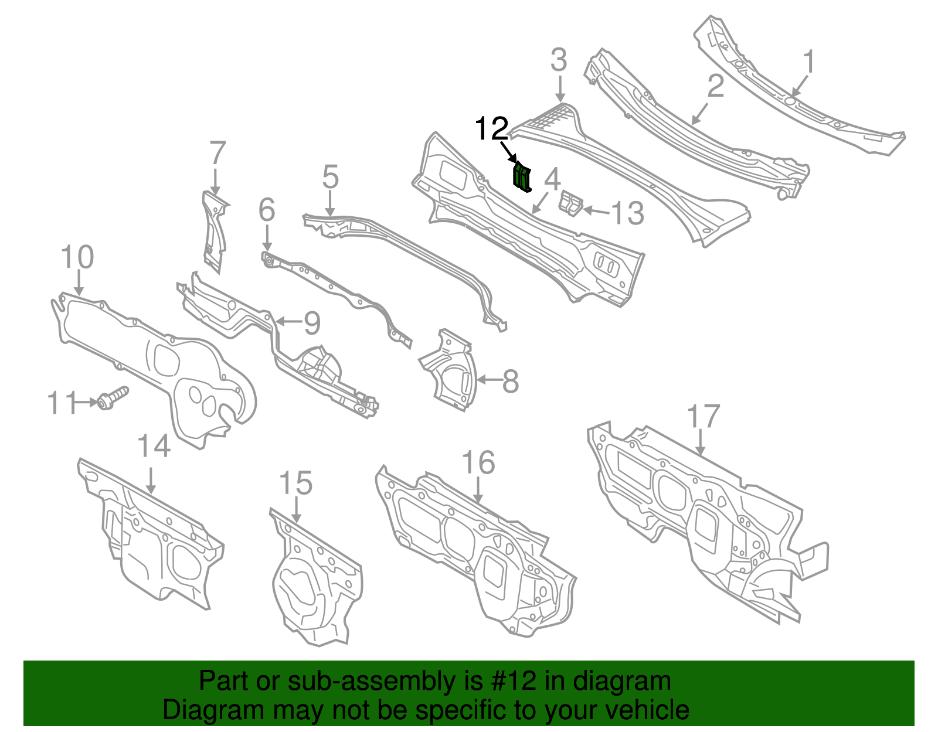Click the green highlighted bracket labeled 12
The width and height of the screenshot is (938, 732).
pyautogui.click(x=521, y=178)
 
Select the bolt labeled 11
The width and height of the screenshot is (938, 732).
pyautogui.click(x=112, y=398)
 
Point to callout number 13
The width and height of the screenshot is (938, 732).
pyautogui.click(x=627, y=213)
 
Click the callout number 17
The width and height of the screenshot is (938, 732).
pyautogui.click(x=702, y=417)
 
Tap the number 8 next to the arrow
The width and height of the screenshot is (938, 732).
pyautogui.click(x=511, y=382)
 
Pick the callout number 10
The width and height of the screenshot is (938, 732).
pyautogui.click(x=77, y=257)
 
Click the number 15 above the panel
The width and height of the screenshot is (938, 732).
pyautogui.click(x=295, y=484)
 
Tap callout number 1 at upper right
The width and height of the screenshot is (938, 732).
pyautogui.click(x=808, y=62)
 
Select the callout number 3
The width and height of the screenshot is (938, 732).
pyautogui.click(x=559, y=60)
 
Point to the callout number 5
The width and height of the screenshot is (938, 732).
pyautogui.click(x=330, y=177)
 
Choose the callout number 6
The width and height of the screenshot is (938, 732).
pyautogui.click(x=266, y=210)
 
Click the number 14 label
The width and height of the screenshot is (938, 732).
pyautogui.click(x=154, y=447)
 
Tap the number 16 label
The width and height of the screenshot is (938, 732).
pyautogui.click(x=478, y=463)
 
